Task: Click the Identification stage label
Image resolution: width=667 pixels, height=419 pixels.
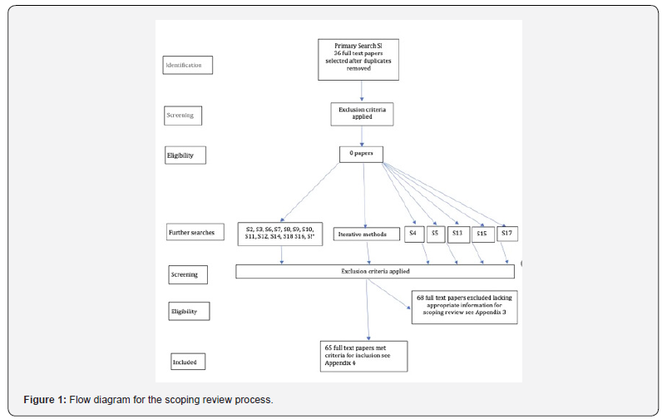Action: [x=188, y=64]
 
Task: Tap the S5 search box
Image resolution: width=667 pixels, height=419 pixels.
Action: [x=435, y=234]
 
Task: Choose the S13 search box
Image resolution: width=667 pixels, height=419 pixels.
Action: [x=457, y=234]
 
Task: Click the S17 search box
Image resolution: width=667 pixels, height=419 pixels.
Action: [x=506, y=234]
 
